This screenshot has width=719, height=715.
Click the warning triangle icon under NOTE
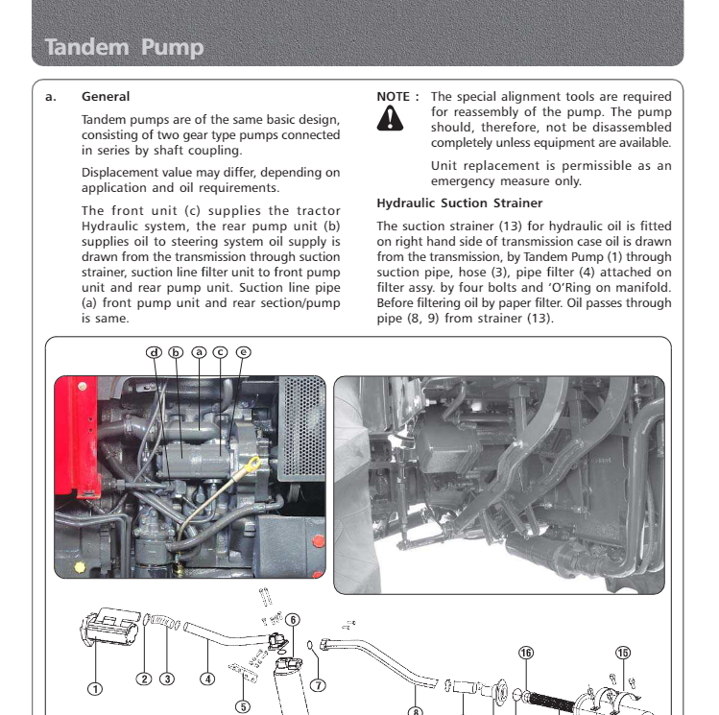(x=390, y=117)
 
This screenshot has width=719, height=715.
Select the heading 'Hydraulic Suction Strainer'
(x=460, y=203)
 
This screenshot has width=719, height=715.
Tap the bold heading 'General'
(x=106, y=97)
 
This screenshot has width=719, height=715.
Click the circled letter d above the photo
(x=154, y=351)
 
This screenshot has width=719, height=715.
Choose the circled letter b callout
(x=176, y=351)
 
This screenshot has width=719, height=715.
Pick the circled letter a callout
(x=199, y=351)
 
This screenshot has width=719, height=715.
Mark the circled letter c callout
(x=220, y=351)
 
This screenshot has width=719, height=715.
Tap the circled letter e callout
(x=243, y=351)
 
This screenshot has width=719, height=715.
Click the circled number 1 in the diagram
(x=95, y=687)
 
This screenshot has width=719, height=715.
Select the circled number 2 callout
(x=144, y=679)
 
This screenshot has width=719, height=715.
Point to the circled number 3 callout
(x=167, y=679)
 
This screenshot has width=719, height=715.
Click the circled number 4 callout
(x=207, y=679)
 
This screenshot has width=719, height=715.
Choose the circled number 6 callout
(x=292, y=620)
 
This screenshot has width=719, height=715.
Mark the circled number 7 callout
(x=318, y=685)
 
